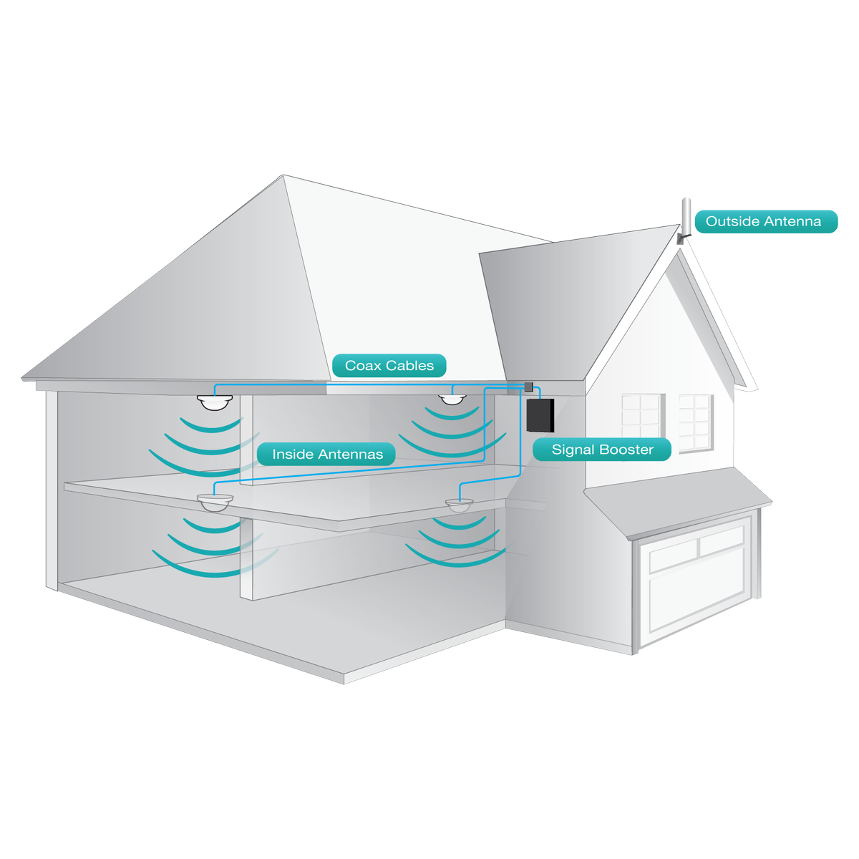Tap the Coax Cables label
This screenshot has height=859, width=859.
pyautogui.click(x=389, y=366)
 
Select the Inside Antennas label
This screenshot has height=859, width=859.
pyautogui.click(x=326, y=455)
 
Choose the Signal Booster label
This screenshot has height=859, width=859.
pyautogui.click(x=602, y=450)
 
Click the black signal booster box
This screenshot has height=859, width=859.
pyautogui.click(x=540, y=415)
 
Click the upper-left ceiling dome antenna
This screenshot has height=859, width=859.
pyautogui.click(x=215, y=402)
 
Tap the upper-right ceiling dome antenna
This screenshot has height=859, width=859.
pyautogui.click(x=452, y=398)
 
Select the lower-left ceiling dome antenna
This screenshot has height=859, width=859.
pyautogui.click(x=215, y=503)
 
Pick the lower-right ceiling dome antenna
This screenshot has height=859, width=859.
pyautogui.click(x=460, y=505)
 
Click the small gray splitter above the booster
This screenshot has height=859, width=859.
pyautogui.click(x=528, y=387)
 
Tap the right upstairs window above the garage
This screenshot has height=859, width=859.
pyautogui.click(x=695, y=422)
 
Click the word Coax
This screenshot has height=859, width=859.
pyautogui.click(x=363, y=366)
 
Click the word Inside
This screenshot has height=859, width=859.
pyautogui.click(x=293, y=455)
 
